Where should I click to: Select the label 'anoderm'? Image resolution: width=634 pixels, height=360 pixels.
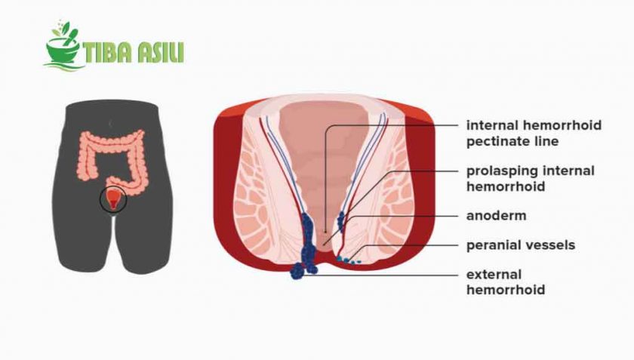pyautogui.click(x=496, y=215)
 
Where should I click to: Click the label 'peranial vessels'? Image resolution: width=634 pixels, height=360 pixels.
pyautogui.click(x=521, y=245)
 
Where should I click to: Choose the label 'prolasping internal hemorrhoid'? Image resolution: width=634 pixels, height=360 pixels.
pyautogui.click(x=531, y=178)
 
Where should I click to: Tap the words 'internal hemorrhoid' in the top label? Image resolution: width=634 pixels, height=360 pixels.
pyautogui.click(x=534, y=125)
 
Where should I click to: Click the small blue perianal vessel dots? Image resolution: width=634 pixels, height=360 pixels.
pyautogui.click(x=349, y=260)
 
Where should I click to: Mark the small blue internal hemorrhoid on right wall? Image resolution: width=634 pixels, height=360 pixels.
pyautogui.click(x=341, y=220)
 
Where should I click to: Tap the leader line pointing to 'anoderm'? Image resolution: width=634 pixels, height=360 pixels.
pyautogui.click(x=408, y=215)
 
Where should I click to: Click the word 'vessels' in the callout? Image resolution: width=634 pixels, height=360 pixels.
pyautogui.click(x=550, y=245)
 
